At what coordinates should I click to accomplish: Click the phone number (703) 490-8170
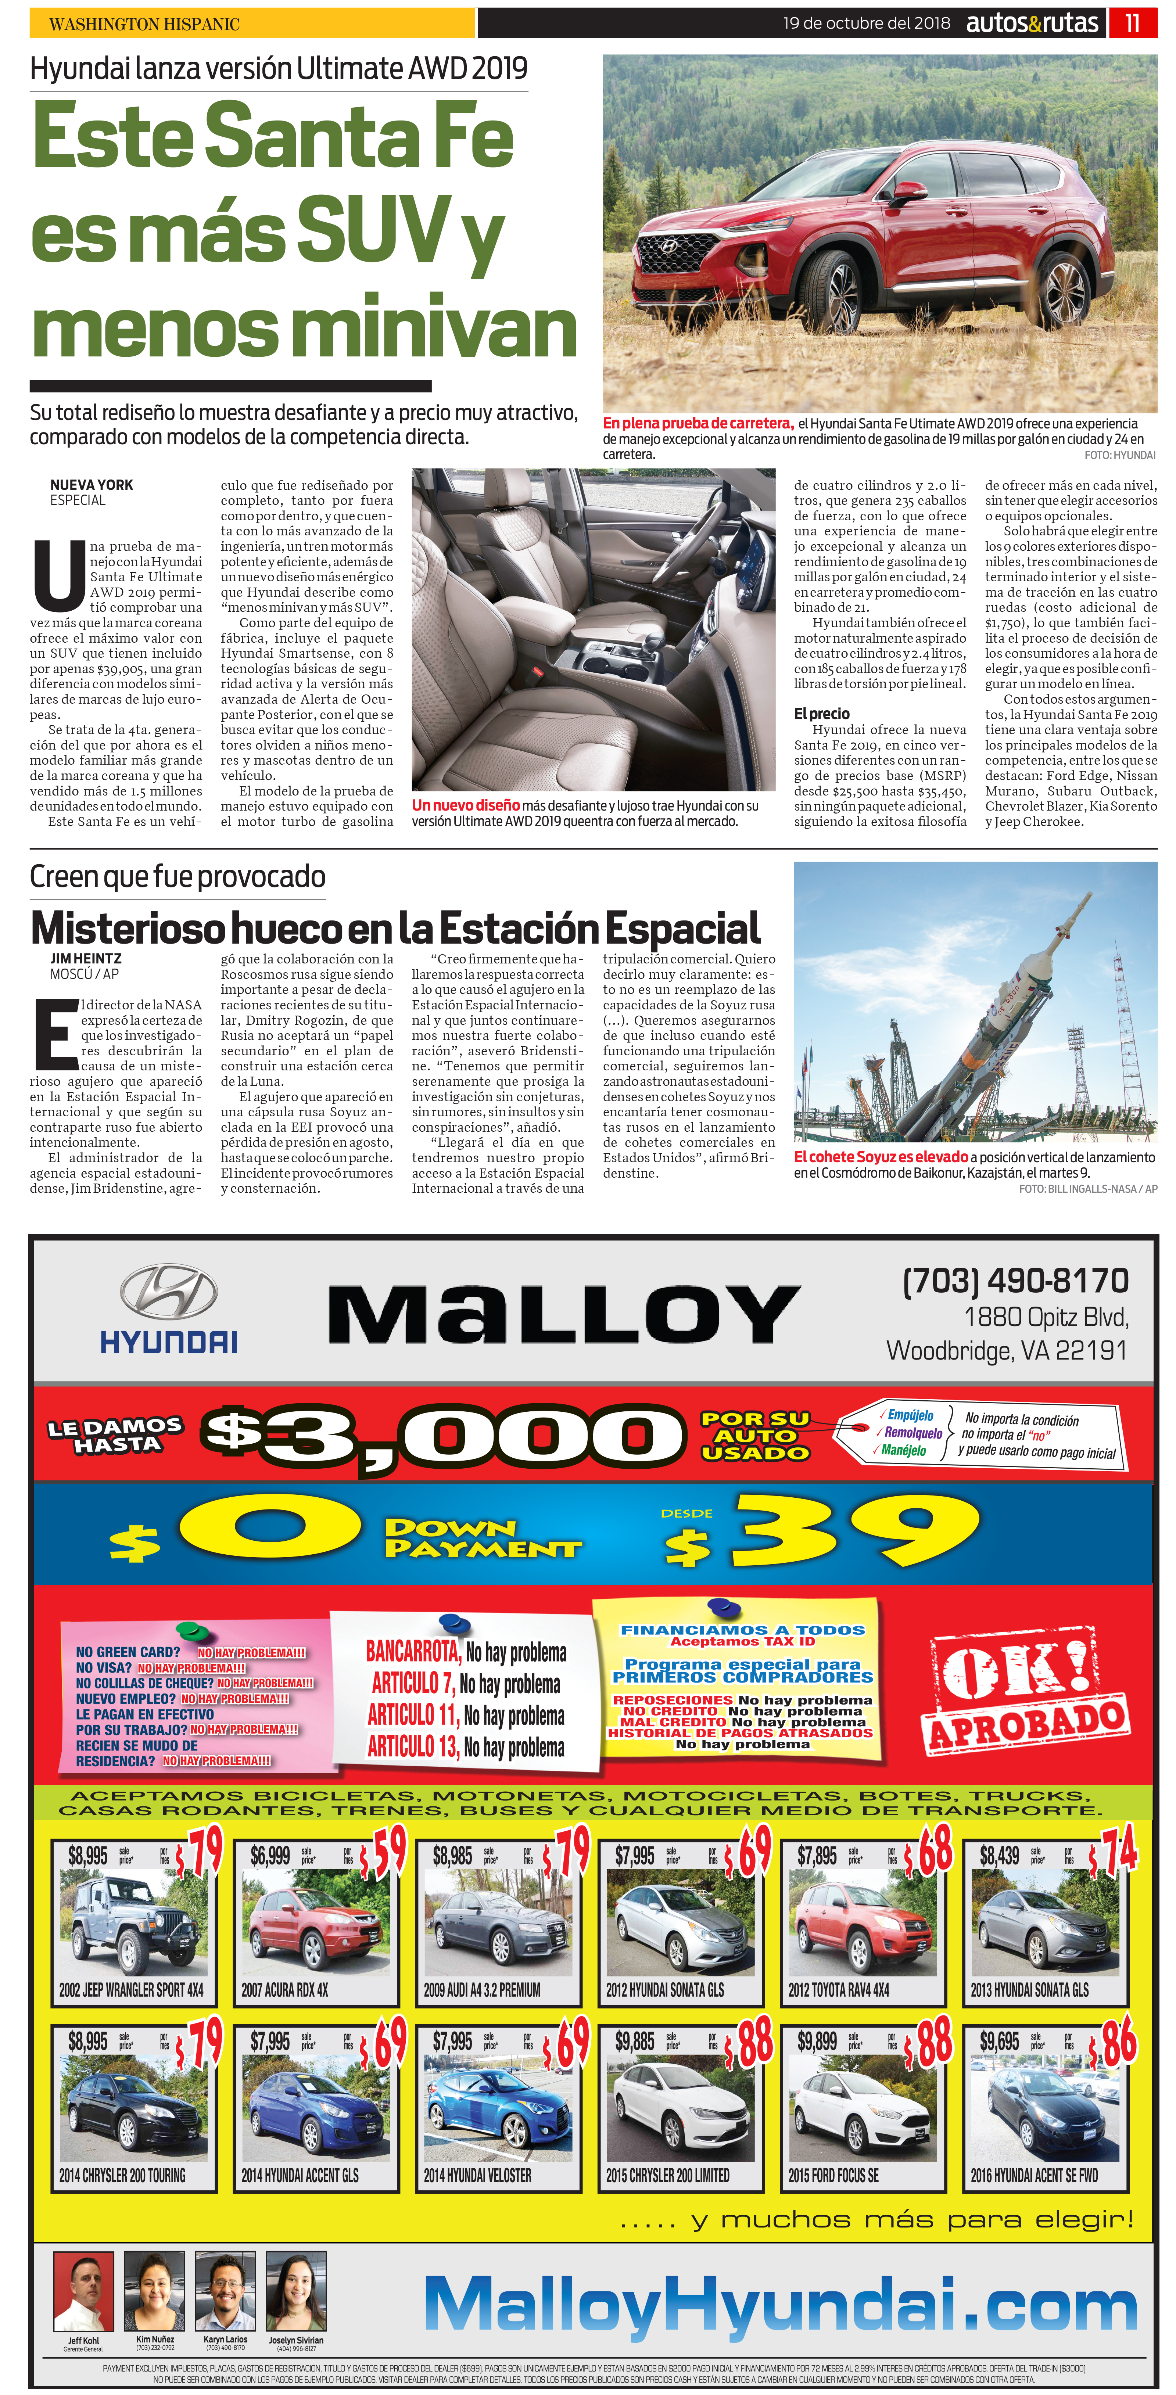1015,1280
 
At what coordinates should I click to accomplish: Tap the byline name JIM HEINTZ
86,959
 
